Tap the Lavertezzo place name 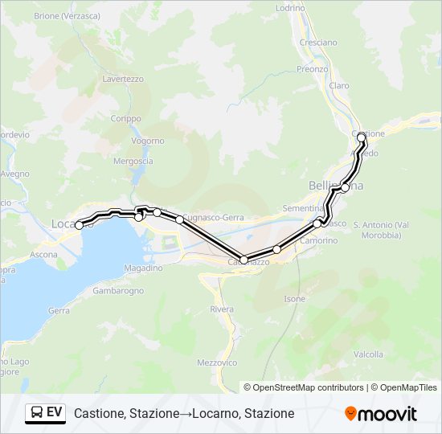pos(122,79)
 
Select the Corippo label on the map pos(125,118)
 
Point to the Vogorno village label pos(148,141)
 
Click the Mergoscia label pos(133,161)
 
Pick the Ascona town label pos(45,255)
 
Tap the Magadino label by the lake pos(145,268)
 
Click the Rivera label pos(221,309)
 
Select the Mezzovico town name pos(217,363)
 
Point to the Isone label pos(295,299)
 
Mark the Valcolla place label pos(368,354)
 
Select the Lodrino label pos(290,7)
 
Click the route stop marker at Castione pos(362,137)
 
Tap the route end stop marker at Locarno pos(79,226)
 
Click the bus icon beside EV pos(37,412)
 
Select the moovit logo pos(381,413)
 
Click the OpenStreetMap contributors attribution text pos(308,387)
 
